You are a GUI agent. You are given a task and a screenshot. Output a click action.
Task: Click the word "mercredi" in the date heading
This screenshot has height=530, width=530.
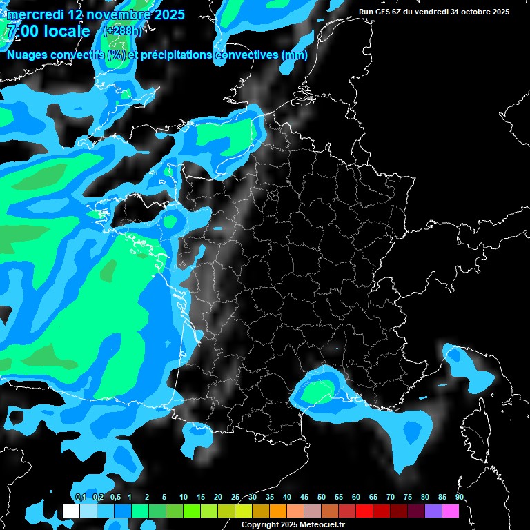(35, 14)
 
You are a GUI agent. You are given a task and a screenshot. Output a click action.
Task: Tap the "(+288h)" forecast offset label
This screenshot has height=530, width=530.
(124, 31)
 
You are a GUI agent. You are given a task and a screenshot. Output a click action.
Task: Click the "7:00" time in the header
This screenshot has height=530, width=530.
(21, 31)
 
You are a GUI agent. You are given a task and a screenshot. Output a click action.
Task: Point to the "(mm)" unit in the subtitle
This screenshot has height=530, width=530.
(295, 55)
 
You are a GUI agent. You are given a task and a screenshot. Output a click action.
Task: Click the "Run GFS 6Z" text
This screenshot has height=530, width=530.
(380, 12)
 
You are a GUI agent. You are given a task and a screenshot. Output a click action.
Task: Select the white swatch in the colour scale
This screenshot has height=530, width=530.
(70, 511)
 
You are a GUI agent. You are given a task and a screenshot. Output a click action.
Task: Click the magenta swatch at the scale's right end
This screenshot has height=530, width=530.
(451, 511)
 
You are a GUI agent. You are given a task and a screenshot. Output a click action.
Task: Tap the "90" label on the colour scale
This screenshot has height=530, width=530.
(459, 497)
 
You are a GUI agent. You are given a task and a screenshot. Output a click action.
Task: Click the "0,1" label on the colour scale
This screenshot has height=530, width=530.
(80, 497)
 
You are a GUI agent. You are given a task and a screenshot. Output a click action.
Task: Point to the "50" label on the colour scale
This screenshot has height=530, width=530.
(322, 497)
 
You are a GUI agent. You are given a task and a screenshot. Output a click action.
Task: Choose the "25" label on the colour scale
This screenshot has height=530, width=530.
(235, 497)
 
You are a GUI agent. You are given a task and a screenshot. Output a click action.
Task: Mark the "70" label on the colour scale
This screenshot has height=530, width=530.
(391, 497)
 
